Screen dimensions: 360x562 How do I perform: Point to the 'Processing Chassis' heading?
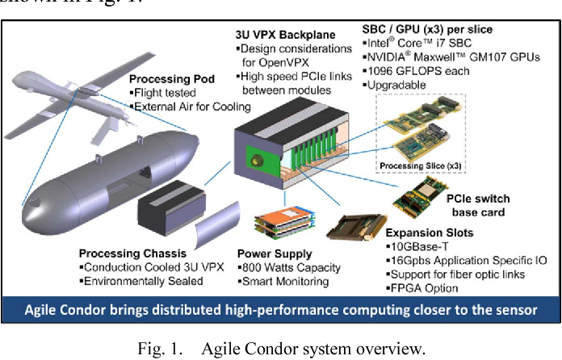133,253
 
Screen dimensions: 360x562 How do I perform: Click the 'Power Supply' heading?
276,253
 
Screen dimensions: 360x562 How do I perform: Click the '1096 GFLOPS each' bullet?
415,70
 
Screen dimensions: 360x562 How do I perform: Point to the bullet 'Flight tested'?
164,93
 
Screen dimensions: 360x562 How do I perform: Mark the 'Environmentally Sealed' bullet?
142,281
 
